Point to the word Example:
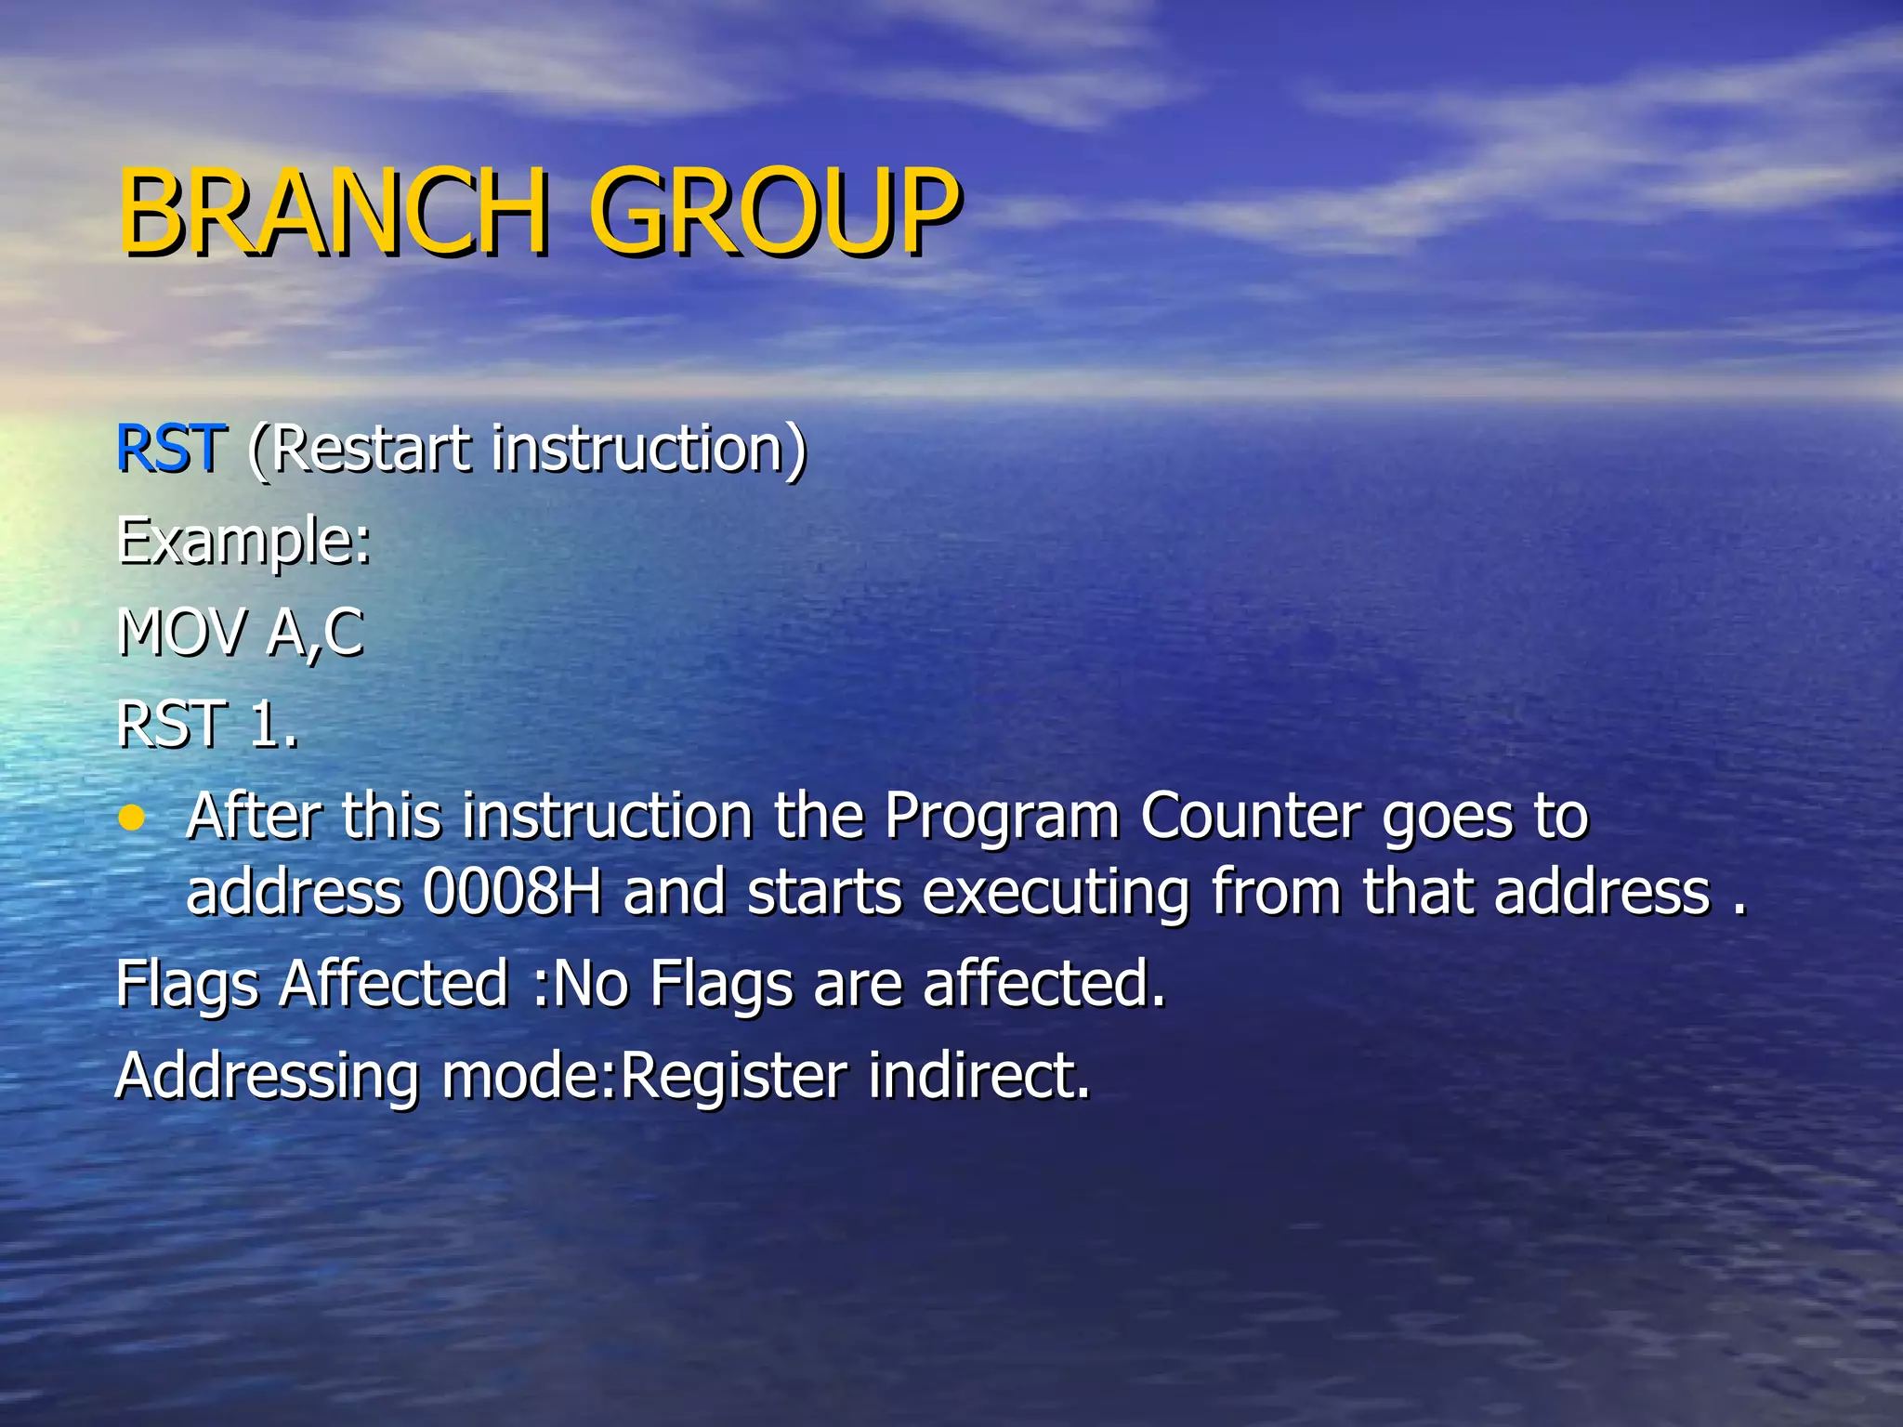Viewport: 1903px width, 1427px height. tap(243, 542)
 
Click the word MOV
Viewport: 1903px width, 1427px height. tap(182, 633)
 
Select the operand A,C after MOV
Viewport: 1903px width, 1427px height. tap(316, 635)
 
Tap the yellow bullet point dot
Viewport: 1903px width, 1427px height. tap(133, 818)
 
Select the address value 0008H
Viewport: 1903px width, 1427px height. tap(512, 892)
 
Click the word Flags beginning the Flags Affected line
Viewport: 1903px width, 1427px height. tap(187, 985)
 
